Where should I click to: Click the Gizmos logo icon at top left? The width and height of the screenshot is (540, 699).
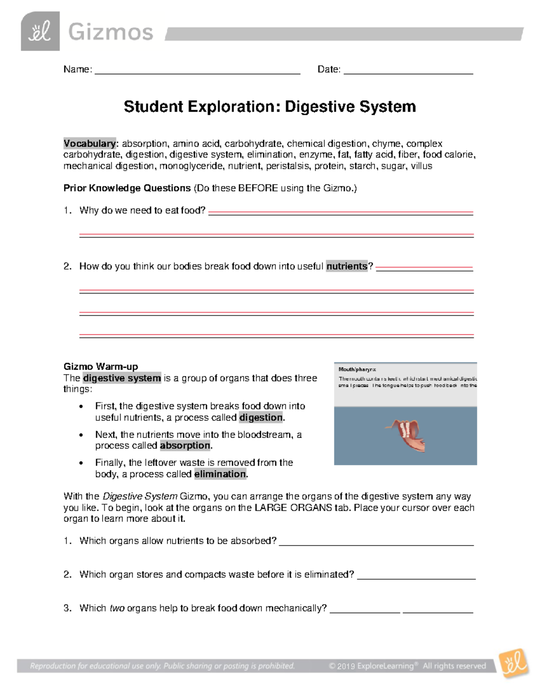(x=40, y=31)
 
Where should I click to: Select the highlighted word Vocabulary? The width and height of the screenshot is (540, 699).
(x=90, y=144)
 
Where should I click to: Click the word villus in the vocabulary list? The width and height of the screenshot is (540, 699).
(x=421, y=166)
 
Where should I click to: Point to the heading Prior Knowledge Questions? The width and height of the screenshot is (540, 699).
(x=127, y=188)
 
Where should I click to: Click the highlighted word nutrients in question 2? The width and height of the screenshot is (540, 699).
(x=347, y=266)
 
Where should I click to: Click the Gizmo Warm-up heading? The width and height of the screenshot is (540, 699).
(x=100, y=366)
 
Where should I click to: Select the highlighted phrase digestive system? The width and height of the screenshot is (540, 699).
(x=122, y=378)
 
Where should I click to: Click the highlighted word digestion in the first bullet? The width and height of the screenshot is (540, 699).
(x=261, y=418)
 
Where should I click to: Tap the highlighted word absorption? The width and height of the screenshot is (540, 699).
(x=185, y=446)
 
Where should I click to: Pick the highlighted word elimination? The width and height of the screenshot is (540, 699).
(x=220, y=474)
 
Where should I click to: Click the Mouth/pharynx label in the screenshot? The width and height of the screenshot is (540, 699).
(x=357, y=370)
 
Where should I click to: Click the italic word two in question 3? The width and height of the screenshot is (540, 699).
(x=117, y=609)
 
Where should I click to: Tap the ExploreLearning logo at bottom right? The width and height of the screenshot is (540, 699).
(x=513, y=663)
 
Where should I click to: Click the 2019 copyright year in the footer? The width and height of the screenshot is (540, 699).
(x=346, y=666)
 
